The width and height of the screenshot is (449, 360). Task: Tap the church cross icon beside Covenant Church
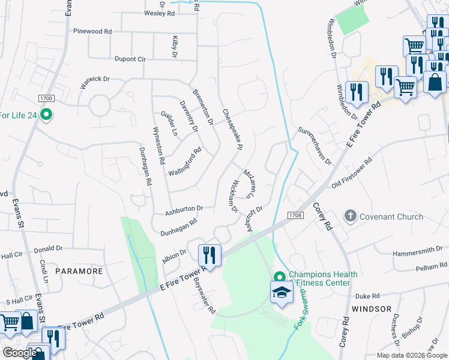tap(350, 215)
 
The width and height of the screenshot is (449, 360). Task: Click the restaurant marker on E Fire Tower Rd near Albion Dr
tap(209, 256)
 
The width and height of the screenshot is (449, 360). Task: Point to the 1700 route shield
tap(46, 98)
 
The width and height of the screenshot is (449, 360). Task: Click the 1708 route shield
tap(294, 215)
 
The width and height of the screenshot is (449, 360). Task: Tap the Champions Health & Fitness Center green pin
tap(279, 277)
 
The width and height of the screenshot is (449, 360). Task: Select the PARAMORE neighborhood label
tap(79, 271)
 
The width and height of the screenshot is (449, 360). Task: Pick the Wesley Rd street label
tap(158, 13)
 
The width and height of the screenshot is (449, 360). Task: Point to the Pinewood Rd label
tap(92, 31)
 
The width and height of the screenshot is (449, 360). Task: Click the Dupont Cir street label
tap(130, 59)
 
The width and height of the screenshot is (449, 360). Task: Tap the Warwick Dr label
tap(95, 83)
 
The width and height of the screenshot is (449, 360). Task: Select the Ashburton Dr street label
tap(185, 209)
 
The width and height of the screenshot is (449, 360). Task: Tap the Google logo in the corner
tap(20, 353)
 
